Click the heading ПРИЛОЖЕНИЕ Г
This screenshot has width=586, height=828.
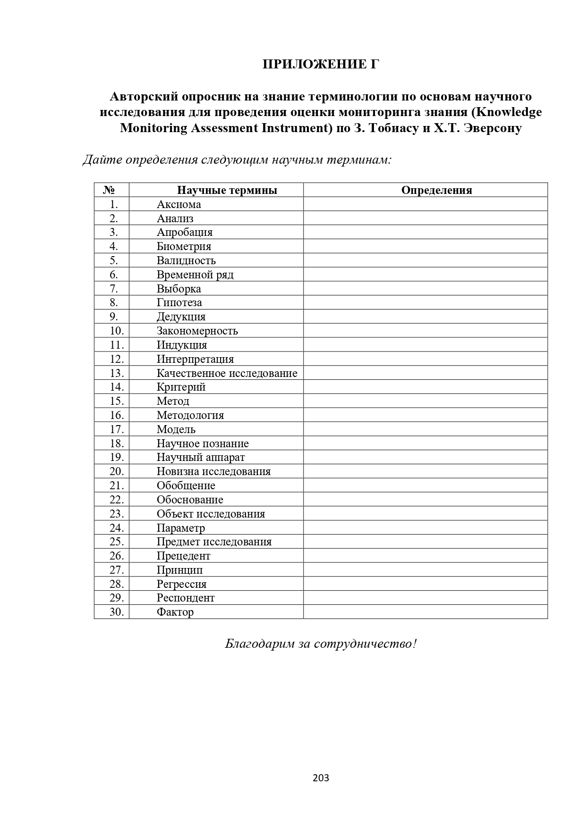pos(321,64)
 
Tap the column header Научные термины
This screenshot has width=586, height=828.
pos(227,190)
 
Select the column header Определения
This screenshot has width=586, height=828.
pos(436,190)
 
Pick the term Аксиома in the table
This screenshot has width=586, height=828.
pos(178,204)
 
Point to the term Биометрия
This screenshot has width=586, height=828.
pos(184,246)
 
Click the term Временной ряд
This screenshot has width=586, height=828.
pos(195,275)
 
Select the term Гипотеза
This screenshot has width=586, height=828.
pos(179,302)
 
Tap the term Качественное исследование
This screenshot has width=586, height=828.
pos(227,373)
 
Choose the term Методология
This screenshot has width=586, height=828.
pos(190,415)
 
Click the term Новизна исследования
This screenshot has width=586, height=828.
pos(213,471)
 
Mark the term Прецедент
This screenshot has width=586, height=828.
pos(183,556)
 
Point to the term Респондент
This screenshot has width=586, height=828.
pos(186,598)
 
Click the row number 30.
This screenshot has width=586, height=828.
pos(116,612)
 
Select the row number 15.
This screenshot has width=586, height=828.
pos(116,401)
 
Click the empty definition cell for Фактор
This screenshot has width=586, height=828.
pos(425,612)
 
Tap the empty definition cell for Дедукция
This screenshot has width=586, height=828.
pos(425,317)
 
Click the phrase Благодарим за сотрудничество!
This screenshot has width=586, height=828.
pos(321,644)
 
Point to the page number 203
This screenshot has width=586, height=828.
pos(321,778)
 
